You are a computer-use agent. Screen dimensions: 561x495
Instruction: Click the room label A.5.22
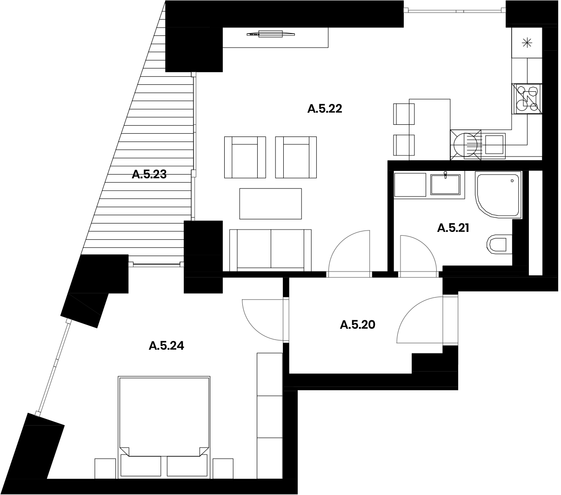tap(325, 108)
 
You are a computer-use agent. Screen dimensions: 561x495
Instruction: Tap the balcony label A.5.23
tap(149, 174)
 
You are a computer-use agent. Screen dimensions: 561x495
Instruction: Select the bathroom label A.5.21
tap(453, 228)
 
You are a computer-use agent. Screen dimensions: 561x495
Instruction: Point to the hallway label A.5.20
tap(357, 325)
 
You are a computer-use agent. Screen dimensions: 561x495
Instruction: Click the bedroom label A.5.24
tap(166, 346)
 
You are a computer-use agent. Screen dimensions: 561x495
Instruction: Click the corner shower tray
tap(498, 194)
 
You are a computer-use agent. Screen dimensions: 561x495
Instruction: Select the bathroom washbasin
tap(445, 184)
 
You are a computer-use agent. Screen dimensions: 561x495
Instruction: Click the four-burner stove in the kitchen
tap(527, 99)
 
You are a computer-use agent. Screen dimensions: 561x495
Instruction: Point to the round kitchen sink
tap(465, 145)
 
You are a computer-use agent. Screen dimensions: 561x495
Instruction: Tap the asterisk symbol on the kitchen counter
tap(527, 43)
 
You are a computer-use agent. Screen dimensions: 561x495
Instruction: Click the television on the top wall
tap(271, 34)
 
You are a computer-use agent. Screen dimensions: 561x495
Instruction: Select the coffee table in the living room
tap(271, 203)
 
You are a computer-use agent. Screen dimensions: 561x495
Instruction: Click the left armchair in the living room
tap(245, 157)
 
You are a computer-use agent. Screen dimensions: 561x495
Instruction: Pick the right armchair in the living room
tap(296, 157)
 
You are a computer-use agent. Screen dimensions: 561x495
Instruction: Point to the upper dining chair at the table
tap(404, 114)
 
